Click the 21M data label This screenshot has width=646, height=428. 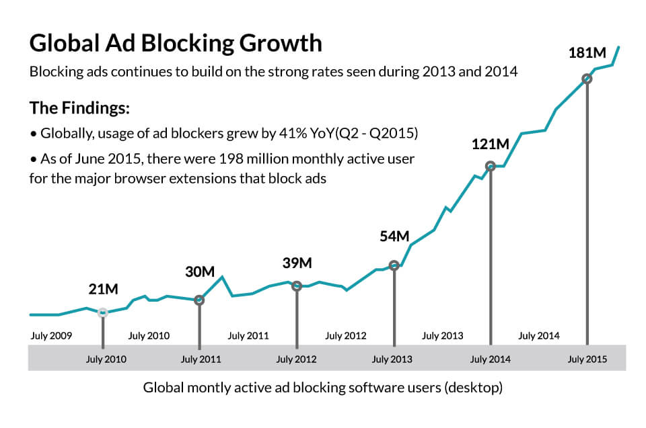[103, 290]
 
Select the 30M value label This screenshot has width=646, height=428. [200, 272]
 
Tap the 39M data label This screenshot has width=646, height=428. [297, 263]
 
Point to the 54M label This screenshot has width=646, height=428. [394, 236]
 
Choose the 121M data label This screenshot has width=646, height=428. [490, 144]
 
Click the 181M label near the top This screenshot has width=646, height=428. [587, 53]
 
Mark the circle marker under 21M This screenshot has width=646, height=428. [103, 312]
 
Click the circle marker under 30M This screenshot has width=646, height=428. [199, 300]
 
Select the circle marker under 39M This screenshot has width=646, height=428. [297, 286]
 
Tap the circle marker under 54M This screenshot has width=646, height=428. [394, 265]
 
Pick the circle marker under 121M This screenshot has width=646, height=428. [491, 166]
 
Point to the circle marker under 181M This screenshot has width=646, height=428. [587, 79]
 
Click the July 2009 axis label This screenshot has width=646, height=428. [51, 335]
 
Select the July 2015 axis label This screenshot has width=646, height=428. [587, 359]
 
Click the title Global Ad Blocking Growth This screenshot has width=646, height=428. [176, 43]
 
